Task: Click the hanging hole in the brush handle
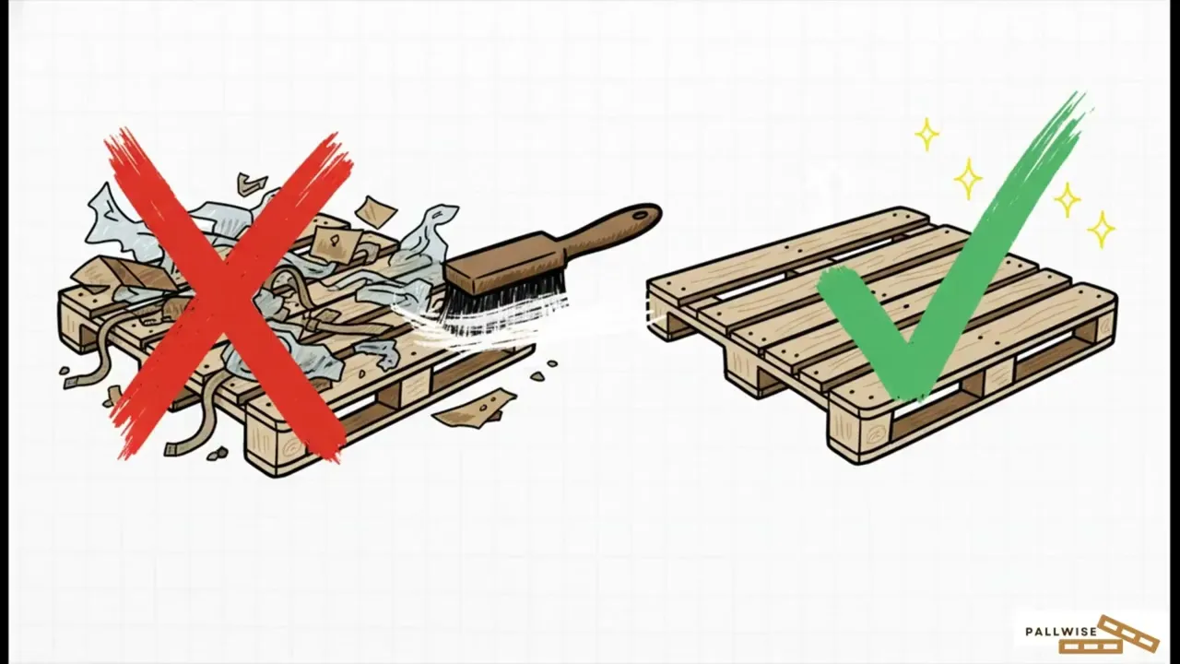pos(641,215)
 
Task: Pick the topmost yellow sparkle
pos(926,134)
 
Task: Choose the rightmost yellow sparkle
pos(1101,230)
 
